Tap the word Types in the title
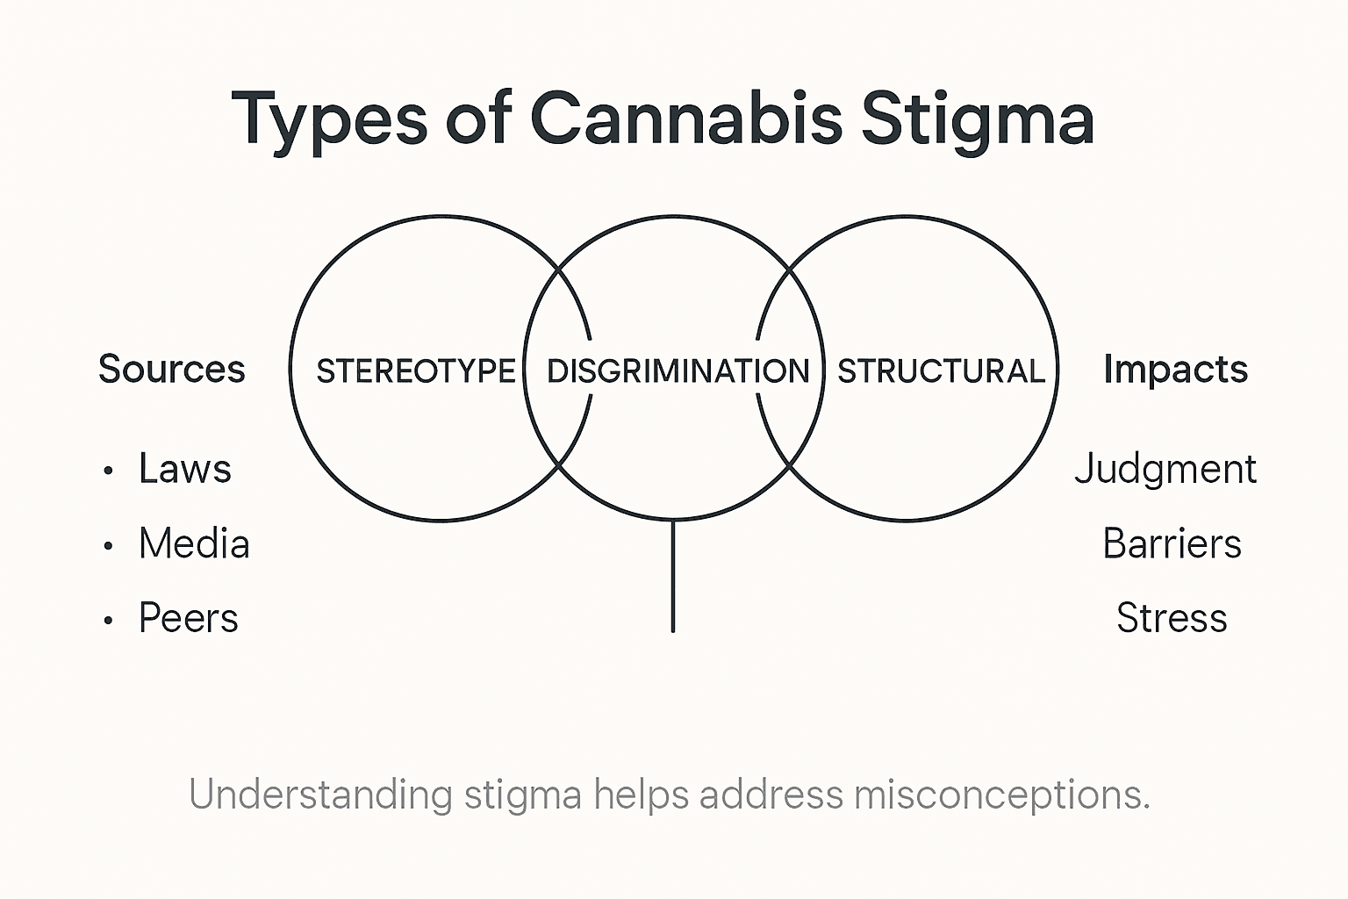coord(329,119)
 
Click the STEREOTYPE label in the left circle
coord(416,371)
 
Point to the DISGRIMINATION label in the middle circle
coord(678,371)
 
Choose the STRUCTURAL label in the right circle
coord(941,371)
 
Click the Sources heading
coord(172,369)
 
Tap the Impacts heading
coord(1175,370)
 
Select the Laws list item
coord(185,469)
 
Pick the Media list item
coord(194,544)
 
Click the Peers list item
coord(189,618)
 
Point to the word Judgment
coord(1165,470)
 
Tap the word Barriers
coord(1172,544)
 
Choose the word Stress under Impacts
coord(1172,618)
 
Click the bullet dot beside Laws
coord(108,471)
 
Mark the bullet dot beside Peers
coord(108,621)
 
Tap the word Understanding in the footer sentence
coord(320,795)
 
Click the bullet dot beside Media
coord(108,546)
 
